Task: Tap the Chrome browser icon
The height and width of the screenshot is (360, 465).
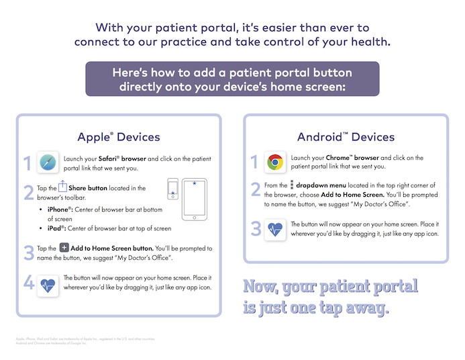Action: pyautogui.click(x=274, y=162)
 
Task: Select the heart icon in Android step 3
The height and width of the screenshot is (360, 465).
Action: pyautogui.click(x=274, y=228)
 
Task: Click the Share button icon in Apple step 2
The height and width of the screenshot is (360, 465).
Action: pyautogui.click(x=64, y=187)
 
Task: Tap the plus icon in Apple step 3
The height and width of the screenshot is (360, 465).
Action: pyautogui.click(x=64, y=248)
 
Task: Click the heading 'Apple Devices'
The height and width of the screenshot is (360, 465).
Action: pyautogui.click(x=119, y=137)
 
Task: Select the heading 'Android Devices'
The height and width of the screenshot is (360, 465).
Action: pyautogui.click(x=345, y=137)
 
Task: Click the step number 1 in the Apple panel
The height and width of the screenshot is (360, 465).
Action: pyautogui.click(x=28, y=164)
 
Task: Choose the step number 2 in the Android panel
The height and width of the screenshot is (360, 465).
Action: pyautogui.click(x=255, y=189)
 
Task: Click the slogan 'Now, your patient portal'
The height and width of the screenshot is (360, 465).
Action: pyautogui.click(x=330, y=287)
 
